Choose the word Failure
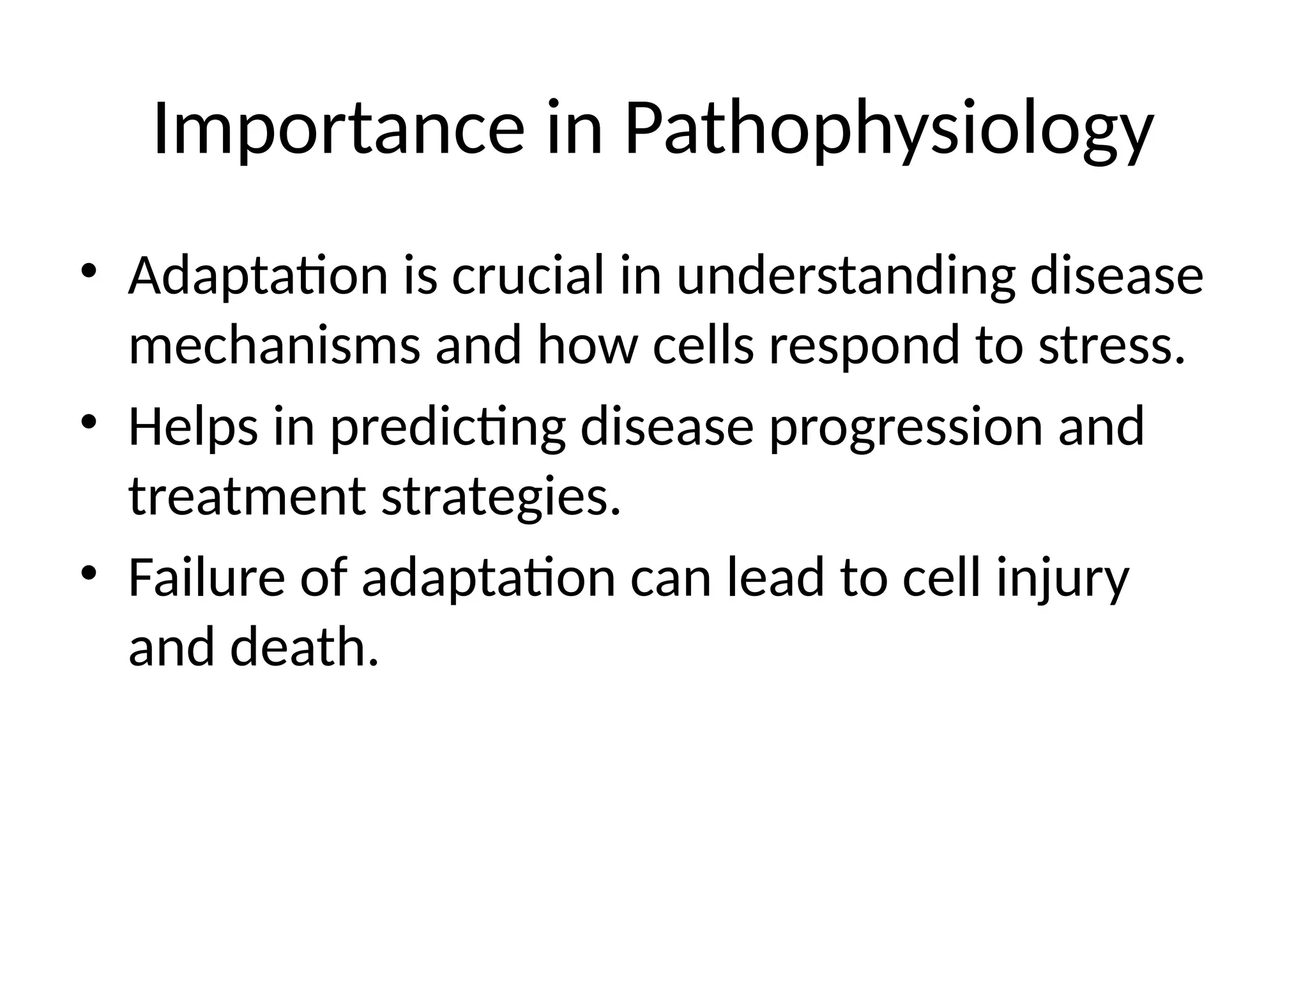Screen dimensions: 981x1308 (x=206, y=577)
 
